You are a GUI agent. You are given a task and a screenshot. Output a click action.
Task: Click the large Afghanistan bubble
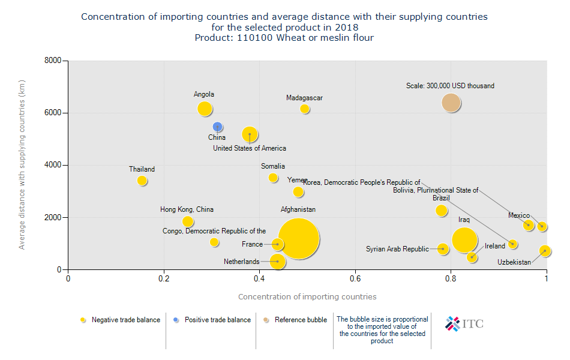click(298, 239)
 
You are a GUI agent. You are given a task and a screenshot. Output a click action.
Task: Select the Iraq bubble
click(464, 240)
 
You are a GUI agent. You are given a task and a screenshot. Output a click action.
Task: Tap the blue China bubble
click(218, 127)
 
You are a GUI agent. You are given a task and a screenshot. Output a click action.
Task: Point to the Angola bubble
click(205, 109)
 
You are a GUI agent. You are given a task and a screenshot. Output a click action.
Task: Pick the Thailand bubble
click(142, 181)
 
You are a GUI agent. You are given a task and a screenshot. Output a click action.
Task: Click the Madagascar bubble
click(305, 109)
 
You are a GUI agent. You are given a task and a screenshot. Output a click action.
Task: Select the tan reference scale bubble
click(451, 103)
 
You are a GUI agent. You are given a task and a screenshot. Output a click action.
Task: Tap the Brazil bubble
click(442, 211)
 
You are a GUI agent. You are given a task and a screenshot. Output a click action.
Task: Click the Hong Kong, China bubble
click(188, 221)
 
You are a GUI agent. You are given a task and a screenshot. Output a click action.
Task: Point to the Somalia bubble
click(273, 178)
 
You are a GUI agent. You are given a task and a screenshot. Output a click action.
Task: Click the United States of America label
click(250, 148)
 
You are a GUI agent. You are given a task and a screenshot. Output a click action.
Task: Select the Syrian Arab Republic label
click(397, 249)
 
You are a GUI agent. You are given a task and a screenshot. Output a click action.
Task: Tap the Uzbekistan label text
click(514, 262)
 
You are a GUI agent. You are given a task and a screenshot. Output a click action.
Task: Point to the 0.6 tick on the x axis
click(355, 279)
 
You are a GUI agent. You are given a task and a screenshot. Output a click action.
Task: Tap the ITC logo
click(464, 324)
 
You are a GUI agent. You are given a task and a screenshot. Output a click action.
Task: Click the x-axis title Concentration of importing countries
click(307, 296)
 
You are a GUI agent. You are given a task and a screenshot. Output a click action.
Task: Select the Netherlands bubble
click(277, 261)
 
